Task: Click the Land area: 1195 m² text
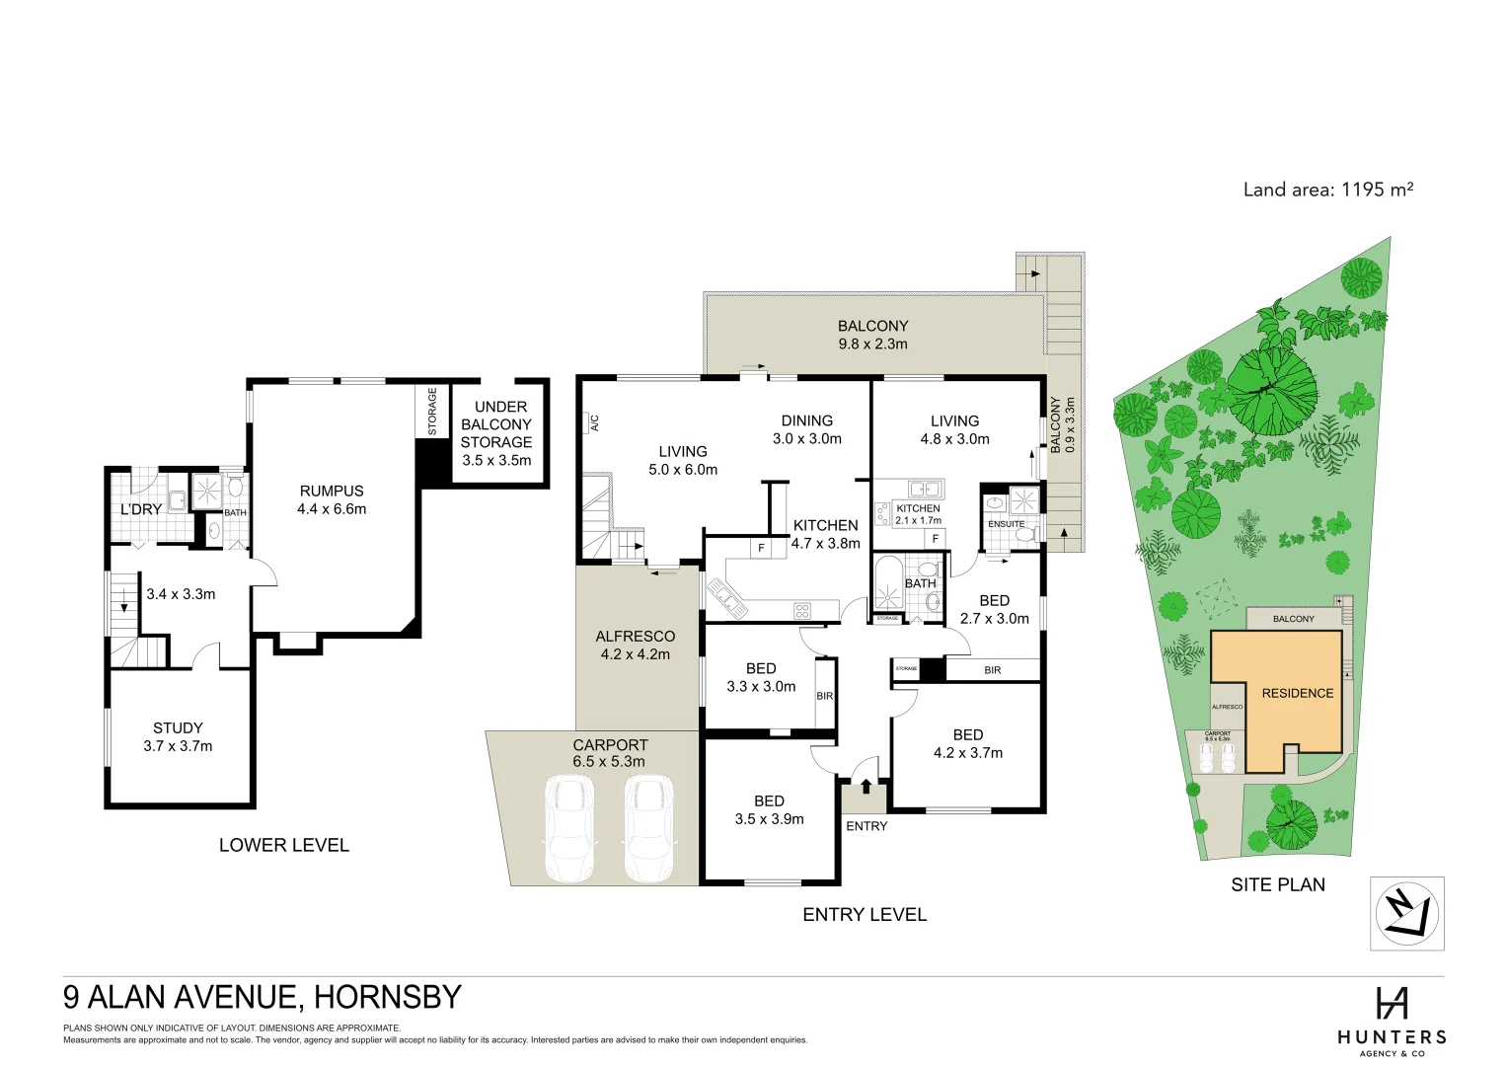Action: [x=1327, y=190]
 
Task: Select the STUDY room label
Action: [x=178, y=728]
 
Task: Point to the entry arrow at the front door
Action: [x=867, y=787]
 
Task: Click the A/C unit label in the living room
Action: [x=594, y=422]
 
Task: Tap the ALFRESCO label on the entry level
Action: [x=635, y=637]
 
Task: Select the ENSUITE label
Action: [x=1006, y=524]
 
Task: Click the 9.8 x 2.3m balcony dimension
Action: [x=872, y=344]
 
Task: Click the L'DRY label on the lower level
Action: [x=140, y=510]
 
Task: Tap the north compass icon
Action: [x=1406, y=914]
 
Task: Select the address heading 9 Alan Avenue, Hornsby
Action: [x=263, y=997]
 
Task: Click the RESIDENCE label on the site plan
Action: [x=1297, y=693]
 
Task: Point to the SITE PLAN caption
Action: [x=1278, y=884]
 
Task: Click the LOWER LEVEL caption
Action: [x=283, y=845]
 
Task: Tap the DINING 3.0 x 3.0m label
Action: [x=806, y=429]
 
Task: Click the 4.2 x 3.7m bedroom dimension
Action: [x=967, y=753]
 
